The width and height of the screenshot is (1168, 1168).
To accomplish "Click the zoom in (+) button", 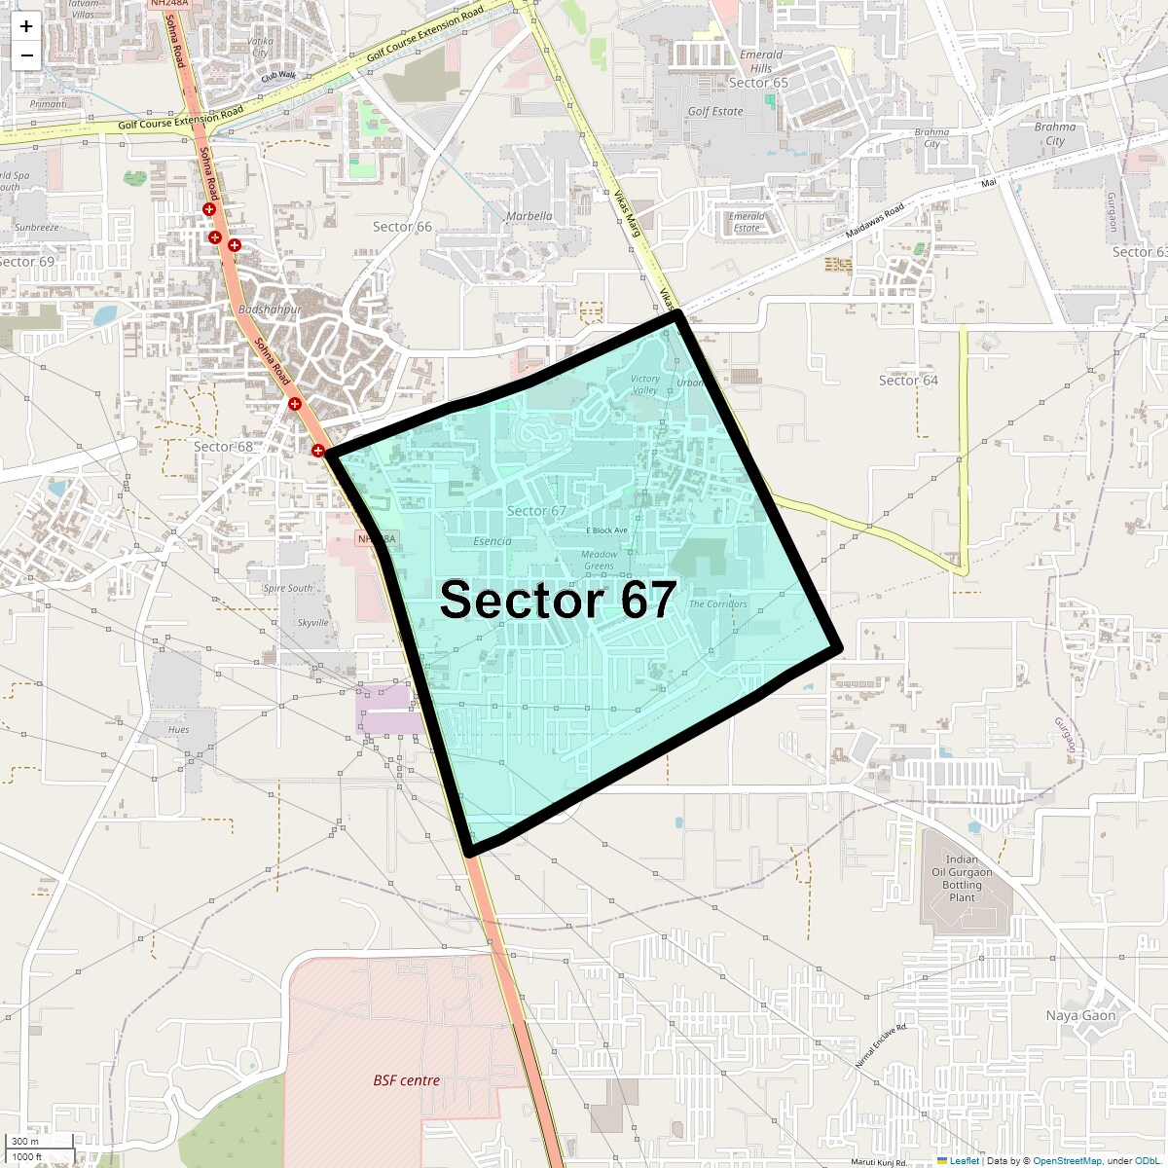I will click(26, 26).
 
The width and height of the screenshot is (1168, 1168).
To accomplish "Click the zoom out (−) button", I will click(26, 55).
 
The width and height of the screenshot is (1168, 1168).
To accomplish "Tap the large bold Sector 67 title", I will click(558, 600).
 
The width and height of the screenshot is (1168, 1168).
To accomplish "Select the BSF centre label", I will click(407, 1080).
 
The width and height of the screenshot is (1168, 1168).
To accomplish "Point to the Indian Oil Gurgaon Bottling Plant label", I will click(962, 878).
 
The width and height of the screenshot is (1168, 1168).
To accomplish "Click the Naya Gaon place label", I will click(1080, 1015).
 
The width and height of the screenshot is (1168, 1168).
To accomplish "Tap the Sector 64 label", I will click(908, 381).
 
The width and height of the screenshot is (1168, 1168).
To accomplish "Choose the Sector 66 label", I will click(402, 227).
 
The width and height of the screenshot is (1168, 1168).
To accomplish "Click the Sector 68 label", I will click(223, 447).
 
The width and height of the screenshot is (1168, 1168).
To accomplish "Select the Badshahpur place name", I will click(270, 310).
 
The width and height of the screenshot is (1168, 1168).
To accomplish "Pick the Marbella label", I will click(529, 216).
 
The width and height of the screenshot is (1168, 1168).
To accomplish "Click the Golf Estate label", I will click(715, 111).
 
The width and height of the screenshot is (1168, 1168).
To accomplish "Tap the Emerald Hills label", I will click(761, 61).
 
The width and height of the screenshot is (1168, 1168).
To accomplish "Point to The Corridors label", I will click(718, 604).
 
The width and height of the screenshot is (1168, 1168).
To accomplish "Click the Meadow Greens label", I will click(600, 560).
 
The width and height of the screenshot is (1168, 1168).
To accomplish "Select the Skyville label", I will click(313, 623).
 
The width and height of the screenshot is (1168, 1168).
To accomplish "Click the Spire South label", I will click(288, 589).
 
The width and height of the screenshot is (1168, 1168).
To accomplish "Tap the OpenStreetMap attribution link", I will click(1067, 1160).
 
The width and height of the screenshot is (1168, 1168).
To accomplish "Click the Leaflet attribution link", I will click(964, 1160).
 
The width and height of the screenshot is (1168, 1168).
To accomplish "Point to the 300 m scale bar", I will click(39, 1141).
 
